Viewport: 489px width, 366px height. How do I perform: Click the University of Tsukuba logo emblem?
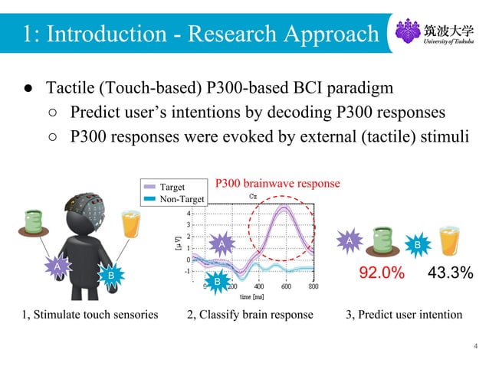407,32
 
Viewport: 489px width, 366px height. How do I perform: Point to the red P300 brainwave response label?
277,184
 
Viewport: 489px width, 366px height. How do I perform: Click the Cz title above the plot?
253,197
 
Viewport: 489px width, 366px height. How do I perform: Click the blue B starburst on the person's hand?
110,274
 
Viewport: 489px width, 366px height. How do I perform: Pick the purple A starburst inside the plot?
222,243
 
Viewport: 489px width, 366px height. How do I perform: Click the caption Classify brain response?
250,315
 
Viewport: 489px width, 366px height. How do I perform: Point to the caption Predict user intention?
403,315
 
